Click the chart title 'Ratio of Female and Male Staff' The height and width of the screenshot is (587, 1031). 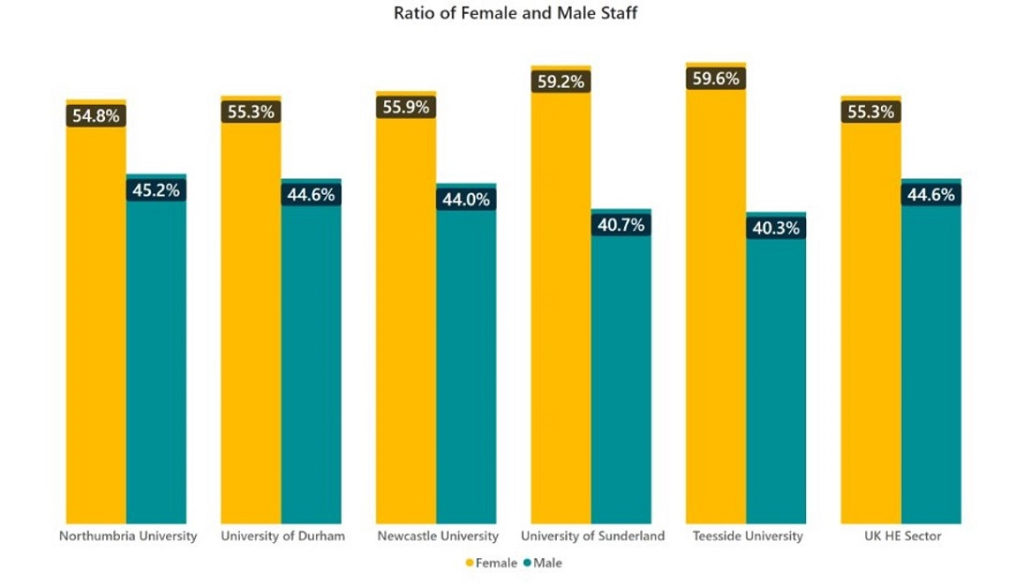pyautogui.click(x=515, y=13)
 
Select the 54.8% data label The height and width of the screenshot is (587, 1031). pyautogui.click(x=96, y=116)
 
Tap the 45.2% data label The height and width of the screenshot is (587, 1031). pyautogui.click(x=157, y=190)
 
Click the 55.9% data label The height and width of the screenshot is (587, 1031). pyautogui.click(x=406, y=107)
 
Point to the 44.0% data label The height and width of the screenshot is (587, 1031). pyautogui.click(x=466, y=199)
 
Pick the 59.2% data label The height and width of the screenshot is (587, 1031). pyautogui.click(x=560, y=82)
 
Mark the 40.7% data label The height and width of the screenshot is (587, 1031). pyautogui.click(x=620, y=224)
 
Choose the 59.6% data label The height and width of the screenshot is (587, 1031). pyautogui.click(x=716, y=79)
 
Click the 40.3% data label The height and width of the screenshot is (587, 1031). pyautogui.click(x=775, y=228)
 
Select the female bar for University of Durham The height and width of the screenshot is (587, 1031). pyautogui.click(x=250, y=319)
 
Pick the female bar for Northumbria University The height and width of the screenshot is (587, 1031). pyautogui.click(x=96, y=319)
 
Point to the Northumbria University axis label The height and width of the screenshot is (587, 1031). pyautogui.click(x=127, y=536)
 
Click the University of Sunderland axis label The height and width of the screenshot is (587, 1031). pyautogui.click(x=592, y=536)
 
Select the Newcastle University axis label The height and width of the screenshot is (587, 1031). pyautogui.click(x=438, y=536)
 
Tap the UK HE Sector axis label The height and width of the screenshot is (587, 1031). pyautogui.click(x=903, y=536)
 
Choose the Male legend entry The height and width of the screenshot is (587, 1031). pyautogui.click(x=548, y=563)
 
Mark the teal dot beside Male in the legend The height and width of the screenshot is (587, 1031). pyautogui.click(x=528, y=564)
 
